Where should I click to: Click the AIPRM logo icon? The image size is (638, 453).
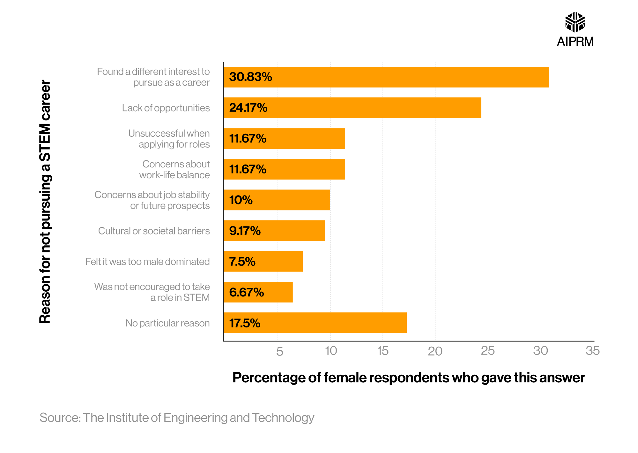[575, 22]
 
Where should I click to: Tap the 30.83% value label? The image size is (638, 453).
[250, 77]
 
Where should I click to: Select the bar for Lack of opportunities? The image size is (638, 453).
[352, 108]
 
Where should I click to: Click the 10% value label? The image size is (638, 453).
[241, 200]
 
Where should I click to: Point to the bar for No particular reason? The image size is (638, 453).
[315, 323]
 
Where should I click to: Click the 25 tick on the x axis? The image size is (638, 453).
[487, 351]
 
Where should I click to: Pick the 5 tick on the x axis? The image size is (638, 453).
[279, 351]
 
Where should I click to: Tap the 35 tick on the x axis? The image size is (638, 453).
[592, 351]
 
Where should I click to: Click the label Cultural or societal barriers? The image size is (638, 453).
[154, 231]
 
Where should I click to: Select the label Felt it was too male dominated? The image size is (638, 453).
[147, 262]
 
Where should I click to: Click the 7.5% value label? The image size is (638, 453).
[242, 262]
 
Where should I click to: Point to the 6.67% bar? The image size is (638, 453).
[258, 292]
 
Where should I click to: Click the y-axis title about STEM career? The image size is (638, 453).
[45, 202]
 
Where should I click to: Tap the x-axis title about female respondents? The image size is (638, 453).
[408, 378]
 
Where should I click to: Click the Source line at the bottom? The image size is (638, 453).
[177, 418]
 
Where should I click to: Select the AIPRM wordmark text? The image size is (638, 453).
[575, 42]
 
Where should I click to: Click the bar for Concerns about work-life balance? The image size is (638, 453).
[284, 169]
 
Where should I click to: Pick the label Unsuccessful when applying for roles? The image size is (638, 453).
[169, 139]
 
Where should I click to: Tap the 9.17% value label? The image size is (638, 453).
[245, 231]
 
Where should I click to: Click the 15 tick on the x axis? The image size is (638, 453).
[382, 351]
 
